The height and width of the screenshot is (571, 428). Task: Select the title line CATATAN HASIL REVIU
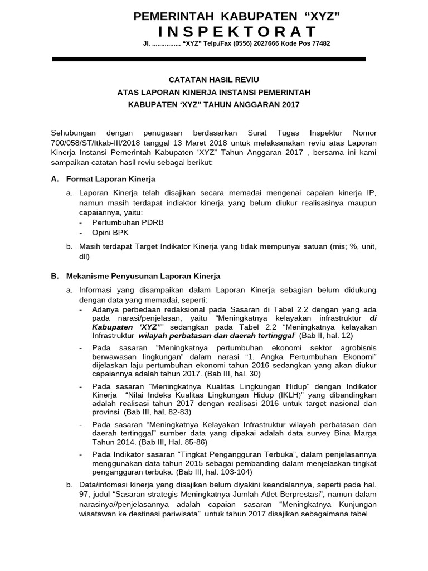[214, 80]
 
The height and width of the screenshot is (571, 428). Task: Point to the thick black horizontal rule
[209, 59]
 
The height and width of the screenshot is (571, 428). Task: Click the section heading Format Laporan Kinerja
[111, 179]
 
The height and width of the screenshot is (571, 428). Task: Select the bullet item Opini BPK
[110, 233]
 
